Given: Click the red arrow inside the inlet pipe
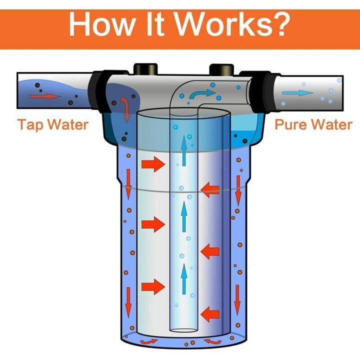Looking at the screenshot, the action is pos(45,96).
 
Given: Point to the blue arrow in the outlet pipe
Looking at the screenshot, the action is pos(298,93).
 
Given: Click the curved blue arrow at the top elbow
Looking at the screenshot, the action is pos(203,93).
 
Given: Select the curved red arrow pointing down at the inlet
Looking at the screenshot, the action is pos(125,109).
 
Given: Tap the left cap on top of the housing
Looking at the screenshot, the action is pos(145,69).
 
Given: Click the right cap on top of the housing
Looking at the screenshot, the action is pos(221,70).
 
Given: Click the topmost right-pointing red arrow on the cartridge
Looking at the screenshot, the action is pos(153,164).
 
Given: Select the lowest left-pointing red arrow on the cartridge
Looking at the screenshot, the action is pos(210,314).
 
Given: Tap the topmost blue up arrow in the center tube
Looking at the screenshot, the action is pos(183,150).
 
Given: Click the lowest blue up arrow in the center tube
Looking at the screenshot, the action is pos(183,279).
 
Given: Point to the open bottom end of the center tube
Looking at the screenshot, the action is pos(183,330).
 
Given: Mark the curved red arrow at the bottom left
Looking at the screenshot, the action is pos(149,341).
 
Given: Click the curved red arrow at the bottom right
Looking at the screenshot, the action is pos(213,341).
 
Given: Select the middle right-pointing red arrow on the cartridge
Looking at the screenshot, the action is pos(153,224).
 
